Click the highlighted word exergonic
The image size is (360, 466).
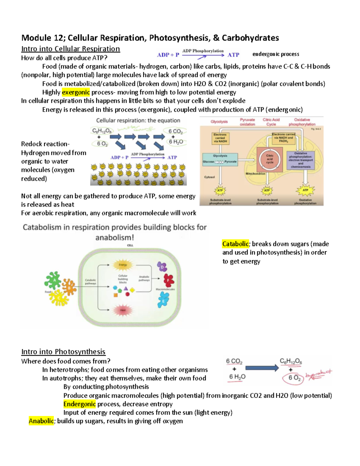click(76, 92)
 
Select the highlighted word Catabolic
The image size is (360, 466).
click(235, 244)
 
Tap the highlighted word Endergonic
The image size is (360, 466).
click(79, 404)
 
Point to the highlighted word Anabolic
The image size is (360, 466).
click(41, 421)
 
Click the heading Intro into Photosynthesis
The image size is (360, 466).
click(63, 352)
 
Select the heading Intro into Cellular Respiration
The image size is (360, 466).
click(70, 49)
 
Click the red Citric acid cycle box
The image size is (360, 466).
click(270, 159)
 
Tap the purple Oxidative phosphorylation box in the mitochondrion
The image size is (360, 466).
click(301, 160)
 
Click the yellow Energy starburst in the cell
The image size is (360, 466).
click(123, 265)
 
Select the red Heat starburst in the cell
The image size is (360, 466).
click(123, 310)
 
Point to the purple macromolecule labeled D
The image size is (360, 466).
click(162, 266)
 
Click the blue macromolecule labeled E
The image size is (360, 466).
click(163, 300)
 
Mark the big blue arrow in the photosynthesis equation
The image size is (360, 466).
click(262, 368)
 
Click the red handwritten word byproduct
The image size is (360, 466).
click(319, 374)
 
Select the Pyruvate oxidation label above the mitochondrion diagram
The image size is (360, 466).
click(247, 122)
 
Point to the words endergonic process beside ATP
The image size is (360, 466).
click(276, 54)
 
